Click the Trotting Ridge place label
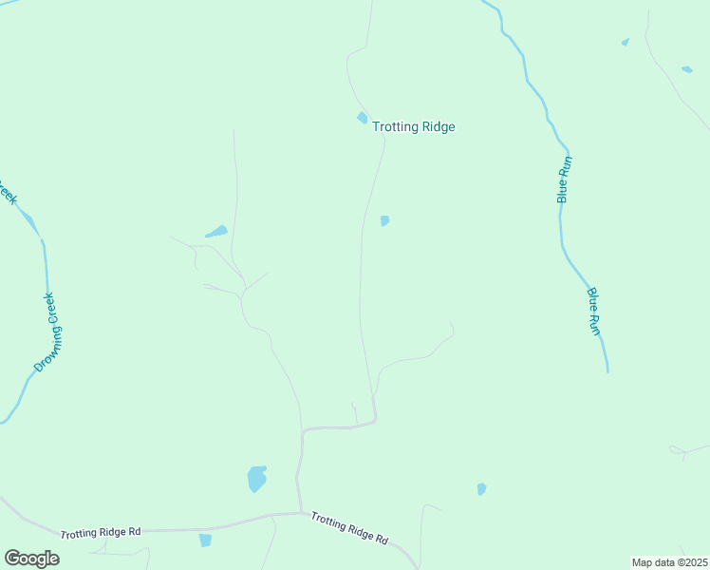tap(413, 126)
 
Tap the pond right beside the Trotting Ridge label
tap(362, 118)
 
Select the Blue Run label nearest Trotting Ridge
tap(563, 180)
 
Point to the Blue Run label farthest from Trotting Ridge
tap(594, 311)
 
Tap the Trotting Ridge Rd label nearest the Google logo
tap(101, 533)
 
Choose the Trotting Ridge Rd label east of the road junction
tap(349, 528)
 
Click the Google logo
tap(31, 559)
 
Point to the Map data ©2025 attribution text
tap(670, 562)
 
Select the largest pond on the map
tap(256, 478)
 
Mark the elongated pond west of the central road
tap(216, 231)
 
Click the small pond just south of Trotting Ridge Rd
tap(205, 540)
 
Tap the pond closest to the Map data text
tap(481, 489)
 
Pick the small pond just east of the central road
tap(384, 221)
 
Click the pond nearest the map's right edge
tap(686, 69)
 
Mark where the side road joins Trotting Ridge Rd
tap(301, 513)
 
